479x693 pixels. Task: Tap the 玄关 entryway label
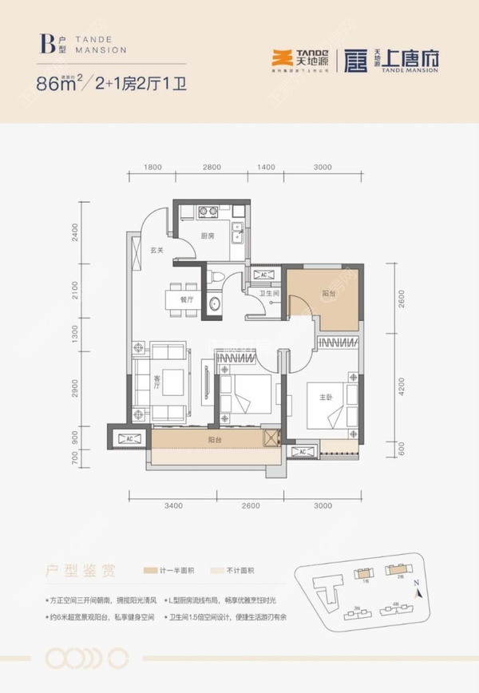tap(157, 250)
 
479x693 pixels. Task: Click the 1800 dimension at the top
tap(153, 168)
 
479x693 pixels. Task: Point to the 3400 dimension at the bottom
tap(173, 505)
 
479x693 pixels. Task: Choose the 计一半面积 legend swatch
tap(150, 572)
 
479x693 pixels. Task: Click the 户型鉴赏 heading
tap(79, 572)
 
